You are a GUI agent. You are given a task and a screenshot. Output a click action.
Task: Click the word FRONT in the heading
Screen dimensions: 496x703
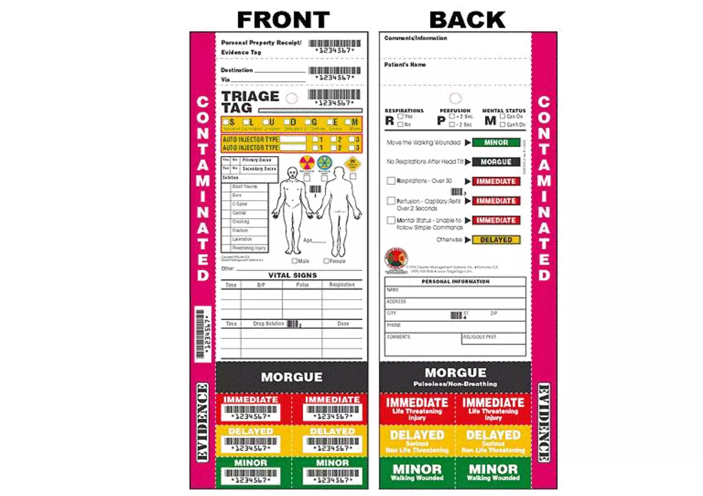point(283,20)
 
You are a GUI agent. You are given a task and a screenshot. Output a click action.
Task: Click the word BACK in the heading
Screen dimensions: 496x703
point(467,20)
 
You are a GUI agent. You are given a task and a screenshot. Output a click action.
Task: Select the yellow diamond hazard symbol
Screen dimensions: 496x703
point(353,164)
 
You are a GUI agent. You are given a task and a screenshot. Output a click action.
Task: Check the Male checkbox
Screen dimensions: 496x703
point(294,261)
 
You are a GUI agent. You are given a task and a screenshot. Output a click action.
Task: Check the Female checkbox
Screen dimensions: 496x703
point(326,261)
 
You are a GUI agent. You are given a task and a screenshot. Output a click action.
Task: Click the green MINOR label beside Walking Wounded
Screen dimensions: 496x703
point(496,142)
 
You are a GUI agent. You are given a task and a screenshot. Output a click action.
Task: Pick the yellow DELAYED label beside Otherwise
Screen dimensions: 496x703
point(496,240)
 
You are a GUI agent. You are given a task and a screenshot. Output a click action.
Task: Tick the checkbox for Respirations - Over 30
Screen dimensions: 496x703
point(391,181)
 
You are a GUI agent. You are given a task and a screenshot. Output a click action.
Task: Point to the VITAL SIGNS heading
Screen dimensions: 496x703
point(292,275)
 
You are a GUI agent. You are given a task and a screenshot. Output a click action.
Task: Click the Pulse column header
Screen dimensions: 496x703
point(302,285)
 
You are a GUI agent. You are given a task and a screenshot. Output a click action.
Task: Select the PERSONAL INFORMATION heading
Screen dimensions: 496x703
point(455,281)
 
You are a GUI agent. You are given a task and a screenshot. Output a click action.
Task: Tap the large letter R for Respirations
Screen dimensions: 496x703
point(389,121)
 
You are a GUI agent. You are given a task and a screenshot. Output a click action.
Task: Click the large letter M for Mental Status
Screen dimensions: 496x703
point(490,121)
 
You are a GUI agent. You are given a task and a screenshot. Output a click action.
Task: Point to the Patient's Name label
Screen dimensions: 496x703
point(405,65)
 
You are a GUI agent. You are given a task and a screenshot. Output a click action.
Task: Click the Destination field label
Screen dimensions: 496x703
point(237,70)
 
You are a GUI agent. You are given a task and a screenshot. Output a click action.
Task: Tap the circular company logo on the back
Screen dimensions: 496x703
point(396,258)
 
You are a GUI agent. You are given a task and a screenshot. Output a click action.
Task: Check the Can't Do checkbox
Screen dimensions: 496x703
point(503,124)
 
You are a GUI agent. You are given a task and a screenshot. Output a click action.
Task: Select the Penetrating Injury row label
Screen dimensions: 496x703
point(249,248)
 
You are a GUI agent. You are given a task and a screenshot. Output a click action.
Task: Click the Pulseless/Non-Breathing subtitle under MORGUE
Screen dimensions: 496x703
point(455,384)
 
